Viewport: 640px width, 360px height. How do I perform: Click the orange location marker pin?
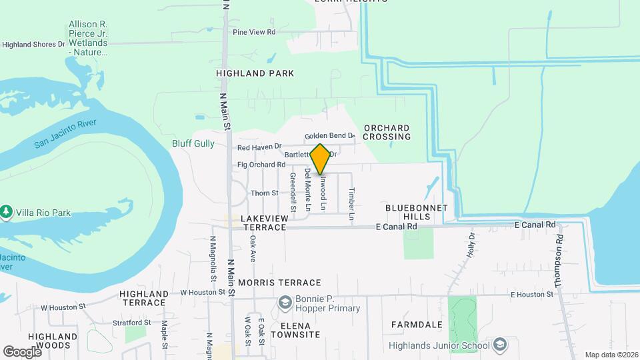(x=321, y=159)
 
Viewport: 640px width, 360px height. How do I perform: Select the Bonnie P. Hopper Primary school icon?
(x=285, y=303)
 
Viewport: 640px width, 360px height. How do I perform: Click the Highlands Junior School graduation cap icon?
(x=499, y=345)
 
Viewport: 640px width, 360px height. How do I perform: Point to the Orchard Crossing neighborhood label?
(x=387, y=132)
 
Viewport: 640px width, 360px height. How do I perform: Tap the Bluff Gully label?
(x=193, y=143)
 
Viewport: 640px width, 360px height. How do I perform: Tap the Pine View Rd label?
(x=254, y=32)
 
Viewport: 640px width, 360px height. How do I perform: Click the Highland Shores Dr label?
(x=33, y=45)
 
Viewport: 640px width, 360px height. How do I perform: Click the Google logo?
(x=22, y=351)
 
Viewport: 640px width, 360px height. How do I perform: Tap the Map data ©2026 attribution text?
(x=611, y=355)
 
